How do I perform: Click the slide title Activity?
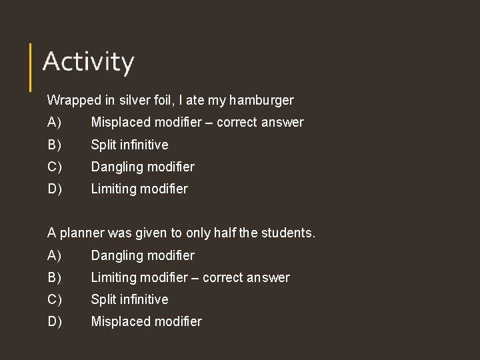88,62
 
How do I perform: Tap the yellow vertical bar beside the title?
31,67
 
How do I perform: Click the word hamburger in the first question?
261,101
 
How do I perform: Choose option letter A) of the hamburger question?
54,123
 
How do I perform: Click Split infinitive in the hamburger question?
129,145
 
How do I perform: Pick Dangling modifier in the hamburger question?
143,167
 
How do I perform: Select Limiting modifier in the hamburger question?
139,189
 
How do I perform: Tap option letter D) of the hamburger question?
54,189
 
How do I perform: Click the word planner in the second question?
81,233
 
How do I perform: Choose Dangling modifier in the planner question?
143,255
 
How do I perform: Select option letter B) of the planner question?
54,277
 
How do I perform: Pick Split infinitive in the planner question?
129,299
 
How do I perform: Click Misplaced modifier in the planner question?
146,321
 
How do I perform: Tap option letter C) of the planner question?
54,299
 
